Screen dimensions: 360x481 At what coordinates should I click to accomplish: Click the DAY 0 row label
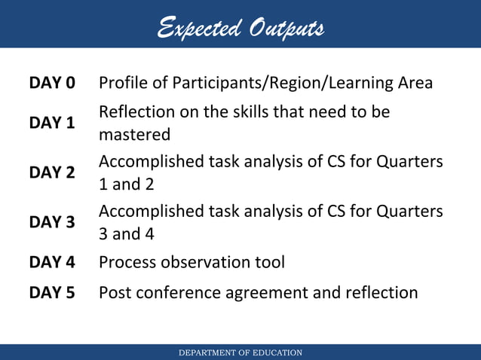(x=52, y=83)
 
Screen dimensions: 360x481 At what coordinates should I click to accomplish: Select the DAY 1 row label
(x=52, y=123)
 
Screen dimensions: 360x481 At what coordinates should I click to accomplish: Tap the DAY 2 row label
(x=52, y=172)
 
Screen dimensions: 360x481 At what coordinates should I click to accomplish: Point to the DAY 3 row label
(x=52, y=222)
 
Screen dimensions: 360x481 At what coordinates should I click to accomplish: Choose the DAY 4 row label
(x=52, y=262)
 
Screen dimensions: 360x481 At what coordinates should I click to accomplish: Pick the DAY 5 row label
(x=52, y=292)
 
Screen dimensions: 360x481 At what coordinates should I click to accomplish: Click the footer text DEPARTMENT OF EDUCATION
(x=240, y=352)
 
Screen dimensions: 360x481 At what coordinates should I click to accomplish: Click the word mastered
(x=135, y=135)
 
